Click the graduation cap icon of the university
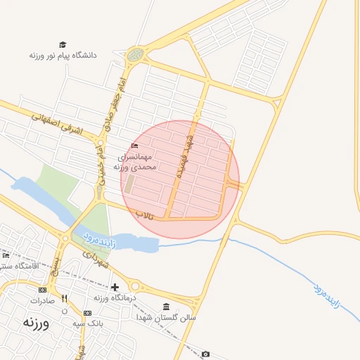(63, 44)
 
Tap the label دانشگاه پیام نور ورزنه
(63, 55)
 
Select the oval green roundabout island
(135, 54)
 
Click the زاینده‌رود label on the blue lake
(98, 238)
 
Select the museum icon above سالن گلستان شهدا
(166, 307)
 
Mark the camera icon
(205, 354)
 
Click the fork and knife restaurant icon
(65, 298)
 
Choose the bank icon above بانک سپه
(87, 313)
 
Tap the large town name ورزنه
(35, 323)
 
